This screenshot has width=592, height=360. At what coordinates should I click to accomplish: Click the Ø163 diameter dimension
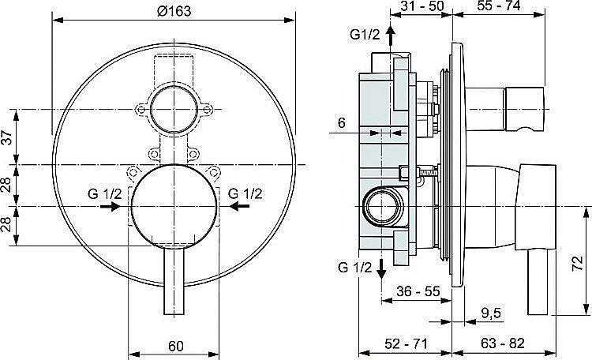[174, 10]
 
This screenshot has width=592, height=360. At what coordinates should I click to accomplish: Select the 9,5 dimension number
[490, 314]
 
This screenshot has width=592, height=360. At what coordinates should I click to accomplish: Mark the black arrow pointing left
[239, 207]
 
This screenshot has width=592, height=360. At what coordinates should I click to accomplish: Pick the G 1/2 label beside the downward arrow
[354, 267]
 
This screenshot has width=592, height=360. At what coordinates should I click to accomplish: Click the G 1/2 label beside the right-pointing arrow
[104, 193]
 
